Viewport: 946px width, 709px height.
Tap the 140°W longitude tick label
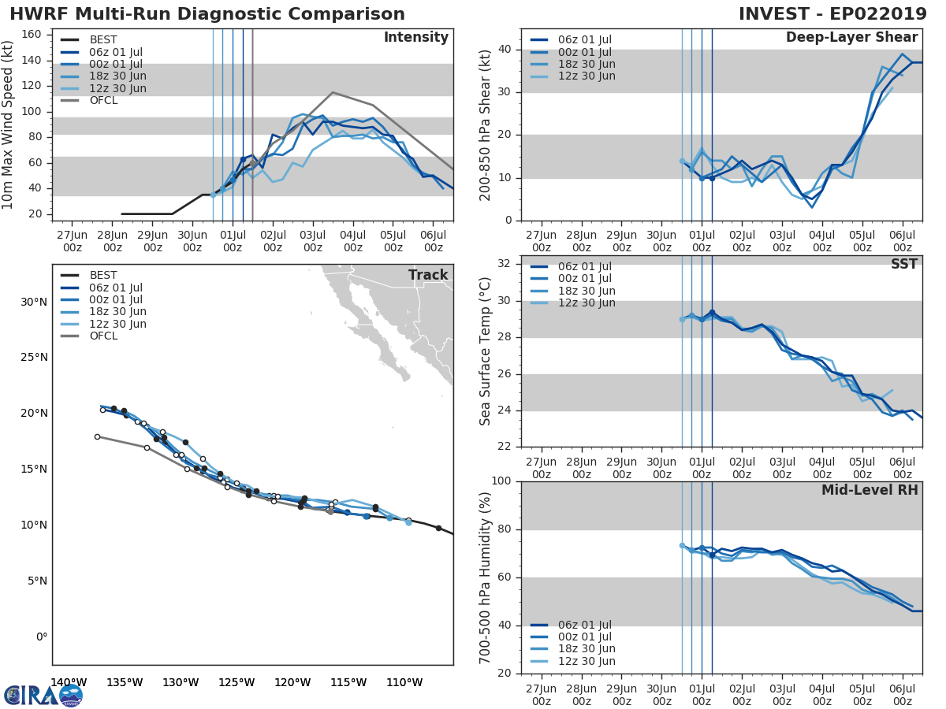click(69, 682)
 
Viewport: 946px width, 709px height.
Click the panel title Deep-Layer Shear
click(851, 38)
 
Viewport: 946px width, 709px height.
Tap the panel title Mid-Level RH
click(870, 490)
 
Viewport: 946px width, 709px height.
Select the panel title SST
click(904, 264)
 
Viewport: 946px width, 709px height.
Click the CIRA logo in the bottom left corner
click(43, 695)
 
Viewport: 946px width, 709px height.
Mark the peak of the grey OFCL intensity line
click(332, 92)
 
